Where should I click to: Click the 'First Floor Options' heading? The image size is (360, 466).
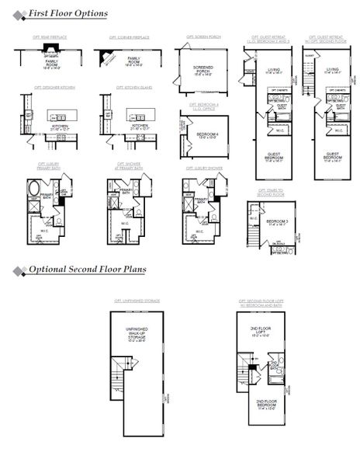pyautogui.click(x=67, y=14)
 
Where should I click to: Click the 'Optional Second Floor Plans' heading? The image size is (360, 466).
pyautogui.click(x=87, y=270)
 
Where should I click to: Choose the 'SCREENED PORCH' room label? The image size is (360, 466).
pyautogui.click(x=202, y=71)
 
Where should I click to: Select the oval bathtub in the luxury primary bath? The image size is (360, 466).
pyautogui.click(x=36, y=190)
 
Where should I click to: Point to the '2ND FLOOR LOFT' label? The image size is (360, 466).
pyautogui.click(x=267, y=333)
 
